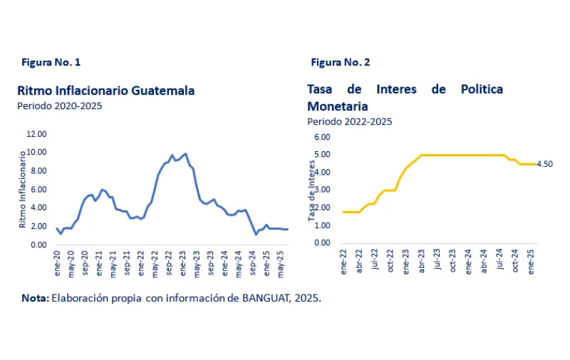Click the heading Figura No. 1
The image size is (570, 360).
click(51, 63)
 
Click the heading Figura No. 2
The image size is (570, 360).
click(340, 63)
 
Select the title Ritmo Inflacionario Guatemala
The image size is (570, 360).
click(105, 91)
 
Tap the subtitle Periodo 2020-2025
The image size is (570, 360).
click(59, 106)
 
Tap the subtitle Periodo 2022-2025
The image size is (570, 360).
click(349, 121)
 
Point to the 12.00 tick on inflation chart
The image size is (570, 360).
click(36, 134)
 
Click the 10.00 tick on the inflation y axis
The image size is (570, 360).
click(36, 153)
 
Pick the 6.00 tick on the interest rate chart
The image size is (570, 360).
click(322, 137)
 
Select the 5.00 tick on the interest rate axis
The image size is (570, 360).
click(322, 155)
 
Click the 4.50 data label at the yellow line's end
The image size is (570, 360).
click(544, 164)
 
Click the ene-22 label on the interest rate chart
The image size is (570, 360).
click(344, 262)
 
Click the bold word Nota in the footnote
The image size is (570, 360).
click(33, 299)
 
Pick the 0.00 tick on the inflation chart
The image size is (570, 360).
click(38, 245)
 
